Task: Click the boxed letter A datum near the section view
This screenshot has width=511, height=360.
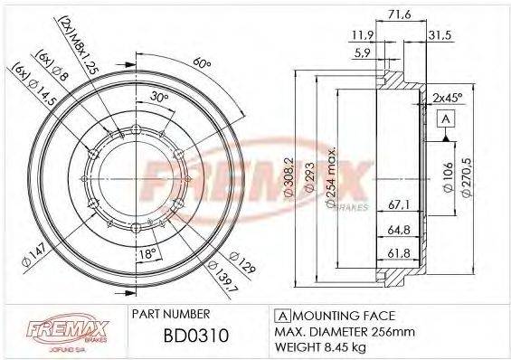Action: pyautogui.click(x=446, y=119)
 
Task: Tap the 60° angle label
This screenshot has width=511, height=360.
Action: pyautogui.click(x=201, y=63)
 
